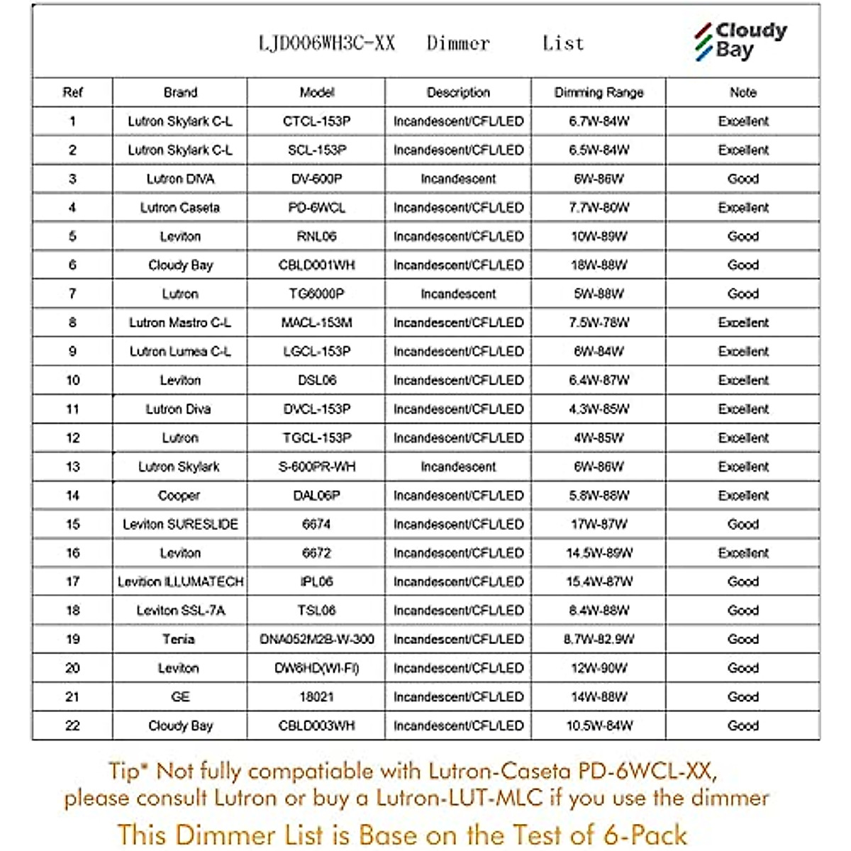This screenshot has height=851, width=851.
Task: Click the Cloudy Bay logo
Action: (740, 40)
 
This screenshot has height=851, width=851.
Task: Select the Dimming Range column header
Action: (599, 92)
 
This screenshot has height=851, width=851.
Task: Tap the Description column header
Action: (458, 92)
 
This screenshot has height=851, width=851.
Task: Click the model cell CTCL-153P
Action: (316, 121)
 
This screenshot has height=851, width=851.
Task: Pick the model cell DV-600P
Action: (316, 179)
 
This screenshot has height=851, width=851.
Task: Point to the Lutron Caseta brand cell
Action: (180, 208)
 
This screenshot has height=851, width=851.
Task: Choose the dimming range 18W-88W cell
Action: (599, 265)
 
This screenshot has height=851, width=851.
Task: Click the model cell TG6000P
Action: (316, 294)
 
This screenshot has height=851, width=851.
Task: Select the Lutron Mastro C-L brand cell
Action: (180, 323)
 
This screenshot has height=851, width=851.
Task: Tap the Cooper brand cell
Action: (179, 496)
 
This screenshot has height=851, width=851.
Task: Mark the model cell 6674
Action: (316, 524)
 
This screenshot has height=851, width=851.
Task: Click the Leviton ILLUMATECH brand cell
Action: (180, 582)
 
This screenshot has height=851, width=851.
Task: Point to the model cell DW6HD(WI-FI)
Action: (316, 668)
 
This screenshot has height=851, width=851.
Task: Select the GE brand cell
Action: (180, 697)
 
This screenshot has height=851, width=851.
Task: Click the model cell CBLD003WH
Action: (316, 725)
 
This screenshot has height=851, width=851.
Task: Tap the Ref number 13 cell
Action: (72, 467)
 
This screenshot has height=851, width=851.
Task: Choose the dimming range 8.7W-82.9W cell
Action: (599, 639)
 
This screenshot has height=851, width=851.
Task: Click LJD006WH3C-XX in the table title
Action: (327, 44)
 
